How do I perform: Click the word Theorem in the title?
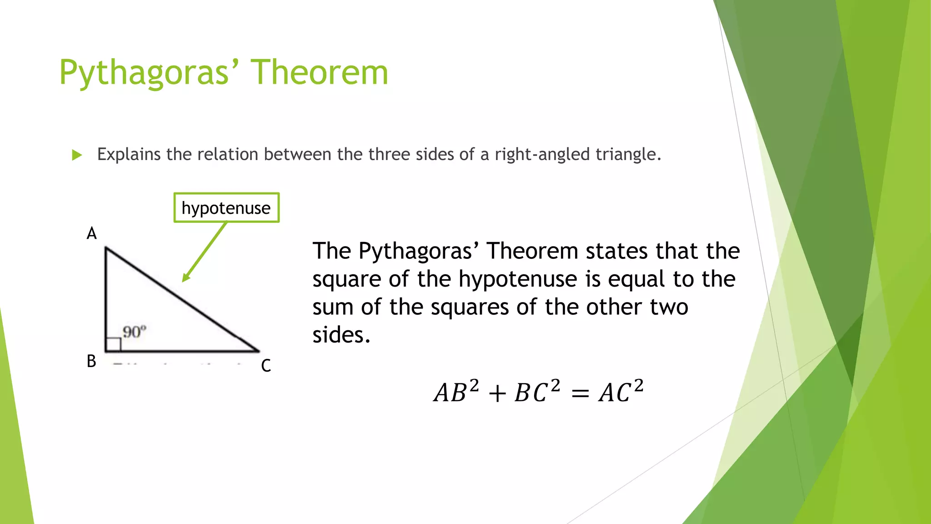[x=319, y=73]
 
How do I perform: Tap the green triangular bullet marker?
[x=77, y=155]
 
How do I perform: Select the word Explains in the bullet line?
[x=129, y=155]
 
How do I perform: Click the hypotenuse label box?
[x=226, y=208]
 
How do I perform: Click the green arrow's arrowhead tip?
[x=184, y=280]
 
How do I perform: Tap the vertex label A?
[x=91, y=233]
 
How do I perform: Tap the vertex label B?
[x=91, y=361]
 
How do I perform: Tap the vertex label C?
[x=266, y=366]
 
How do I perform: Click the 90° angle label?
[x=135, y=332]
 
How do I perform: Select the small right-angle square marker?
[x=113, y=344]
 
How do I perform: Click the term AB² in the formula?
[x=456, y=392]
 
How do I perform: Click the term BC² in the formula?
[x=537, y=392]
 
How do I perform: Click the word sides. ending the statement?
[x=341, y=335]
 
